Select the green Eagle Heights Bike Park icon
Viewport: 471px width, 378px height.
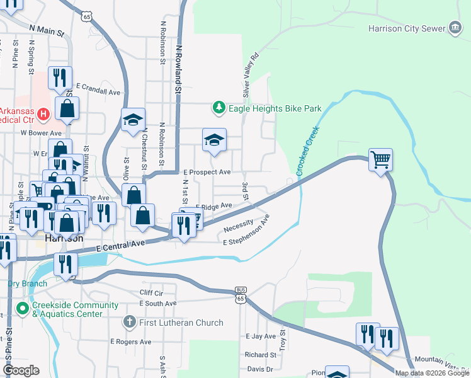[218, 108]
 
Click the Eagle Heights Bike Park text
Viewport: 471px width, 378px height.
[275, 108]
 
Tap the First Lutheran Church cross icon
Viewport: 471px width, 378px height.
[129, 323]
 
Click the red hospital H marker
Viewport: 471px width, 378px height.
[43, 114]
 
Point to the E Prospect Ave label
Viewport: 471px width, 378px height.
[207, 172]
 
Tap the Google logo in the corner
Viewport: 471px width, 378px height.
[21, 370]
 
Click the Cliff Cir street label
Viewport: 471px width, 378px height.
[151, 294]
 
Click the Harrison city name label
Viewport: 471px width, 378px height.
[65, 239]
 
